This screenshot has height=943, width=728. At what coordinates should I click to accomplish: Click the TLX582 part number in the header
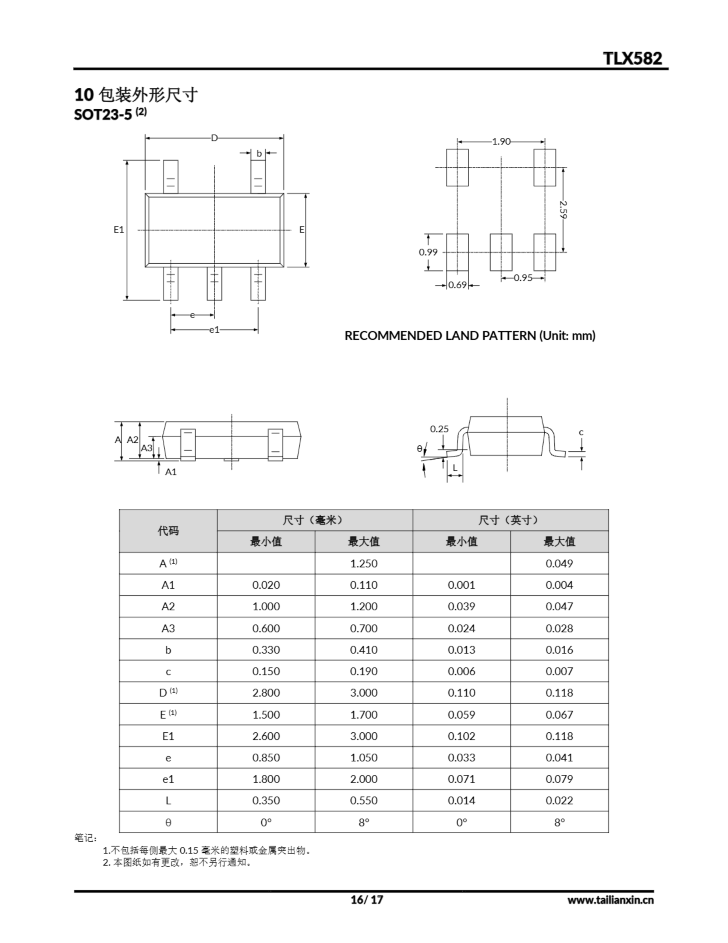pyautogui.click(x=632, y=58)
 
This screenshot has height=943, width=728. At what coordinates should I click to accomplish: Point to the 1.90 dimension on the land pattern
pyautogui.click(x=501, y=141)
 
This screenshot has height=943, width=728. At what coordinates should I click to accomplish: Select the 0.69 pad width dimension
pyautogui.click(x=457, y=285)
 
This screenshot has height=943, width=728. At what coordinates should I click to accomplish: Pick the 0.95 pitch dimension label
pyautogui.click(x=523, y=278)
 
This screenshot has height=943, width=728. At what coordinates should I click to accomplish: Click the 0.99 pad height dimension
pyautogui.click(x=428, y=252)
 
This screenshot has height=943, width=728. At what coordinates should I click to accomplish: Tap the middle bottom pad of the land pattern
pyautogui.click(x=501, y=252)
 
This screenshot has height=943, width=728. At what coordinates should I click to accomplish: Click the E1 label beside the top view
pyautogui.click(x=119, y=230)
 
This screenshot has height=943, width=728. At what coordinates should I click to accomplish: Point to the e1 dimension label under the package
pyautogui.click(x=215, y=330)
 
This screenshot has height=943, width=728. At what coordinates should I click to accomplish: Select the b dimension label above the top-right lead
pyautogui.click(x=259, y=153)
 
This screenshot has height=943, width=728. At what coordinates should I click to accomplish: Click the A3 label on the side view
pyautogui.click(x=147, y=448)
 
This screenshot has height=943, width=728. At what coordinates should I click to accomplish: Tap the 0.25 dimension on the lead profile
pyautogui.click(x=439, y=429)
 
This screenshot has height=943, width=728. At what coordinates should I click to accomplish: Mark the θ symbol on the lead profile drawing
pyautogui.click(x=420, y=449)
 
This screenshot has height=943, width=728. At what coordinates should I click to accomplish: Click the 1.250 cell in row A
pyautogui.click(x=364, y=564)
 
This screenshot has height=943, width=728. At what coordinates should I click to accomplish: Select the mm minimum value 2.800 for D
pyautogui.click(x=266, y=693)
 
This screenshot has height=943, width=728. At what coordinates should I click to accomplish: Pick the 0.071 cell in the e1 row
pyautogui.click(x=461, y=779)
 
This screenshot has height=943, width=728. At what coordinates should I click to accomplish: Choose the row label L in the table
pyautogui.click(x=168, y=800)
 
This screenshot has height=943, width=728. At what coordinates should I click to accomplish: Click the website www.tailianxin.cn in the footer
pyautogui.click(x=610, y=900)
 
